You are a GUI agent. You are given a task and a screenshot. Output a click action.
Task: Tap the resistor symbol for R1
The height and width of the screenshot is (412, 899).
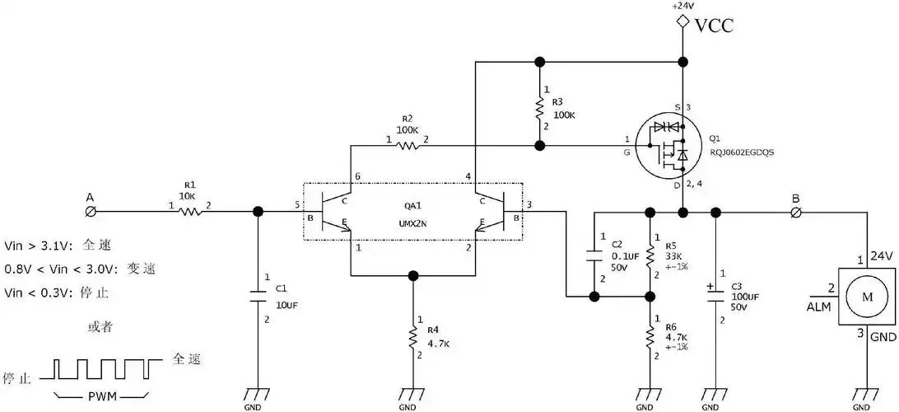click(x=191, y=211)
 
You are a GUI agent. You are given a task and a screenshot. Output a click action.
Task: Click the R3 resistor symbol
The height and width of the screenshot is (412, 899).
click(x=539, y=108)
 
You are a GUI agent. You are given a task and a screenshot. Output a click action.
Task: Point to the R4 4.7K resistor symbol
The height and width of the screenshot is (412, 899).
click(x=412, y=338)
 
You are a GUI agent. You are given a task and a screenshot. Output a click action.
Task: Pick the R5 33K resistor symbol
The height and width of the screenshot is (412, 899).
click(x=650, y=255)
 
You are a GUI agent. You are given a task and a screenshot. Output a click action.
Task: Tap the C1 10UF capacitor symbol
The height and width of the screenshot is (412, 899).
click(x=258, y=293)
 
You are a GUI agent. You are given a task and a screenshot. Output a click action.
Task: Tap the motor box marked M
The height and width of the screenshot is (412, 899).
click(x=864, y=295)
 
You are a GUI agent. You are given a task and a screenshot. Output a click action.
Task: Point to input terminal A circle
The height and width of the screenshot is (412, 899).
click(x=91, y=212)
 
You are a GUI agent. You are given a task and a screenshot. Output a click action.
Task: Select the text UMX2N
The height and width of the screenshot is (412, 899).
click(x=413, y=222)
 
